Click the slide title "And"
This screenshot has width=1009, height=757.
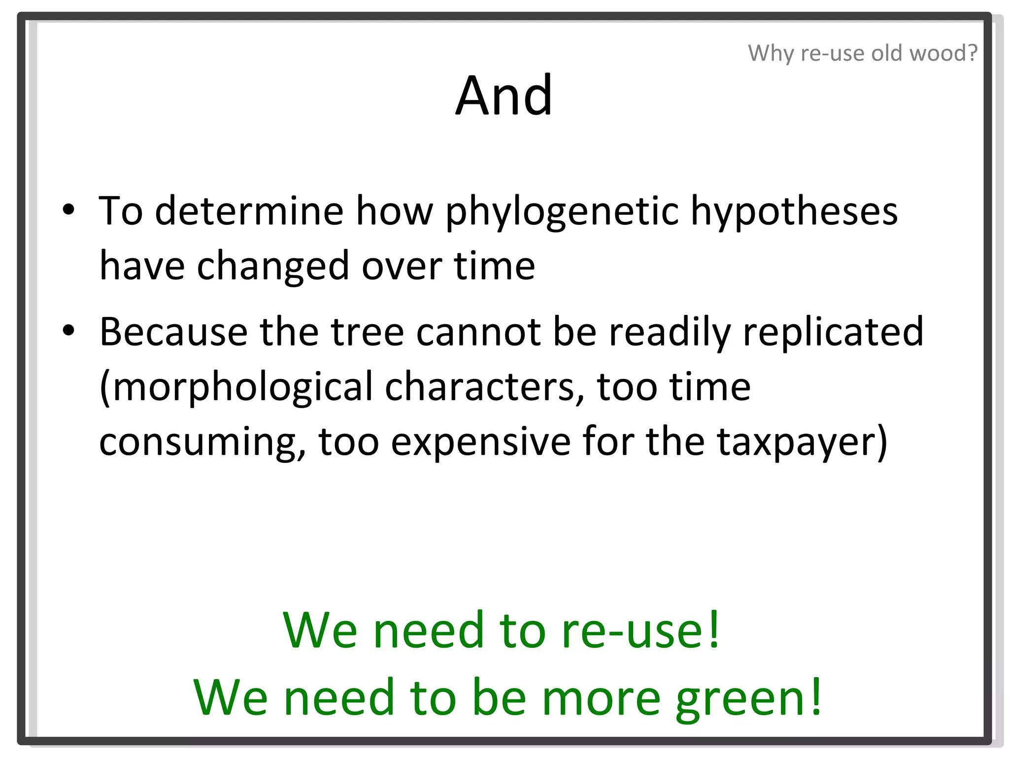point(504,95)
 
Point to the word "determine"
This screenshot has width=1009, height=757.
point(249,211)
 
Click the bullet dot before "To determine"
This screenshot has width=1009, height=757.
point(68,209)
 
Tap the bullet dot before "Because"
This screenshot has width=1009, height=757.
point(68,330)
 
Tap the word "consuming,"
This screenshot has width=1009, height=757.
point(202,442)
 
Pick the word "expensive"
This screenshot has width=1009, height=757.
point(480,442)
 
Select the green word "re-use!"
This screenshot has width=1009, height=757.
point(640,630)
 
